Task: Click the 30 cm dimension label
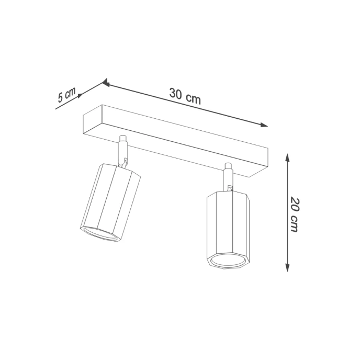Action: (x=185, y=96)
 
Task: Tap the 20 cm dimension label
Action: (x=295, y=214)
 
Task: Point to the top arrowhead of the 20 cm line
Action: (x=287, y=156)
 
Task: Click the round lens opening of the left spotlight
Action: (x=101, y=234)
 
